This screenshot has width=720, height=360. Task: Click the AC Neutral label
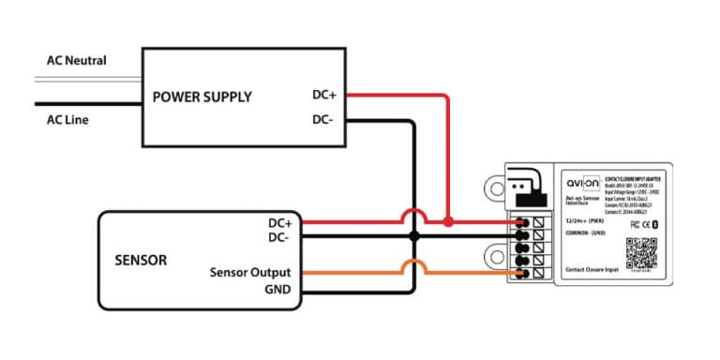[x=76, y=61]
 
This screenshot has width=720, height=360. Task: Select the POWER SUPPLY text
[x=202, y=96]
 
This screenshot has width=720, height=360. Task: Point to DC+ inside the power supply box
[x=325, y=95]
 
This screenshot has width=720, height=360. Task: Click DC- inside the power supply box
[x=324, y=120]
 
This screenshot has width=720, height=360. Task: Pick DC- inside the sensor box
[x=280, y=238]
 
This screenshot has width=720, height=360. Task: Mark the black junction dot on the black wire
[x=412, y=237]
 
